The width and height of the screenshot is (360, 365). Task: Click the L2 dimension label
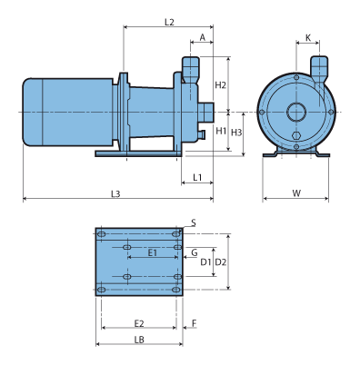pos(169,22)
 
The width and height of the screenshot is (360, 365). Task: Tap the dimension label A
pos(203,37)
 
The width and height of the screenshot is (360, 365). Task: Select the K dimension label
pos(308,38)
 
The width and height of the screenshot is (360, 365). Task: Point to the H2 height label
pos(221,85)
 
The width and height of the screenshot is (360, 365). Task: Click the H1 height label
pos(221,131)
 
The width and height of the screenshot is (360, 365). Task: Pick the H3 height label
pos(236,133)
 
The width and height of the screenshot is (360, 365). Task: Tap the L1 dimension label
pos(197,177)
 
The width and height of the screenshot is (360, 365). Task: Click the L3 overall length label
pos(115,193)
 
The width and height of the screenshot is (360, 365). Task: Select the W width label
pos(296,193)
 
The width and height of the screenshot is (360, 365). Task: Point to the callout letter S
pos(194,223)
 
